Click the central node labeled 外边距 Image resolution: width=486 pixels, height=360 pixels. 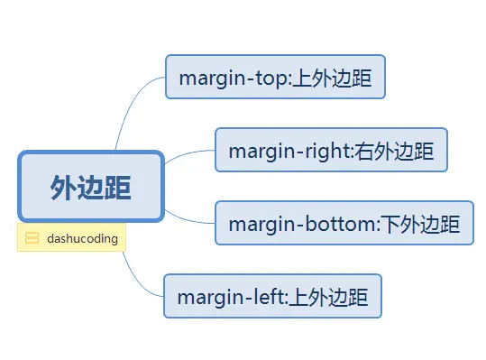coord(90,187)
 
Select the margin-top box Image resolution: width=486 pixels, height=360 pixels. coord(276,77)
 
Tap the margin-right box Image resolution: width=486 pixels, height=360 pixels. coord(331,150)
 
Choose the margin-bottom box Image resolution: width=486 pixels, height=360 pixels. coord(344,223)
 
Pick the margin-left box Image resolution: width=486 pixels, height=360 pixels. coord(272,296)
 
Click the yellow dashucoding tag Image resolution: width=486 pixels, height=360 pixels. coord(71,238)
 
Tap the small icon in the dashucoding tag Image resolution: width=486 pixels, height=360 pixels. coord(32,238)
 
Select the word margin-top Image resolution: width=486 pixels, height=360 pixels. coord(232,78)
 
